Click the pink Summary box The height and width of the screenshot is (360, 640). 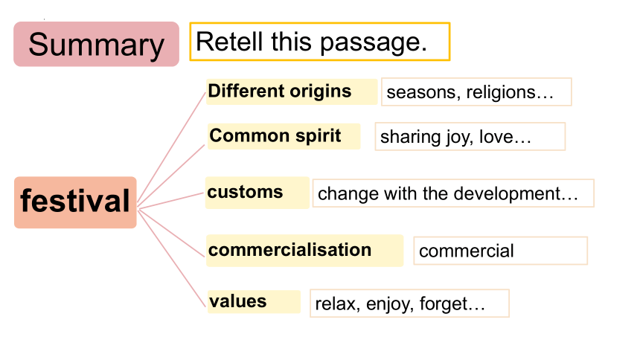(96, 44)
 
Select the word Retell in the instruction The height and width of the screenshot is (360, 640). (229, 42)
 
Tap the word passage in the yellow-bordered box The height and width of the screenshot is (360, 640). (373, 43)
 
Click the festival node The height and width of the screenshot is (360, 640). (75, 202)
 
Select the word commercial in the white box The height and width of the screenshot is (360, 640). (467, 251)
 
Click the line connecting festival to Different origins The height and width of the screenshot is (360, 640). (171, 147)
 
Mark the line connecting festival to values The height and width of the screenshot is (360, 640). (172, 258)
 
